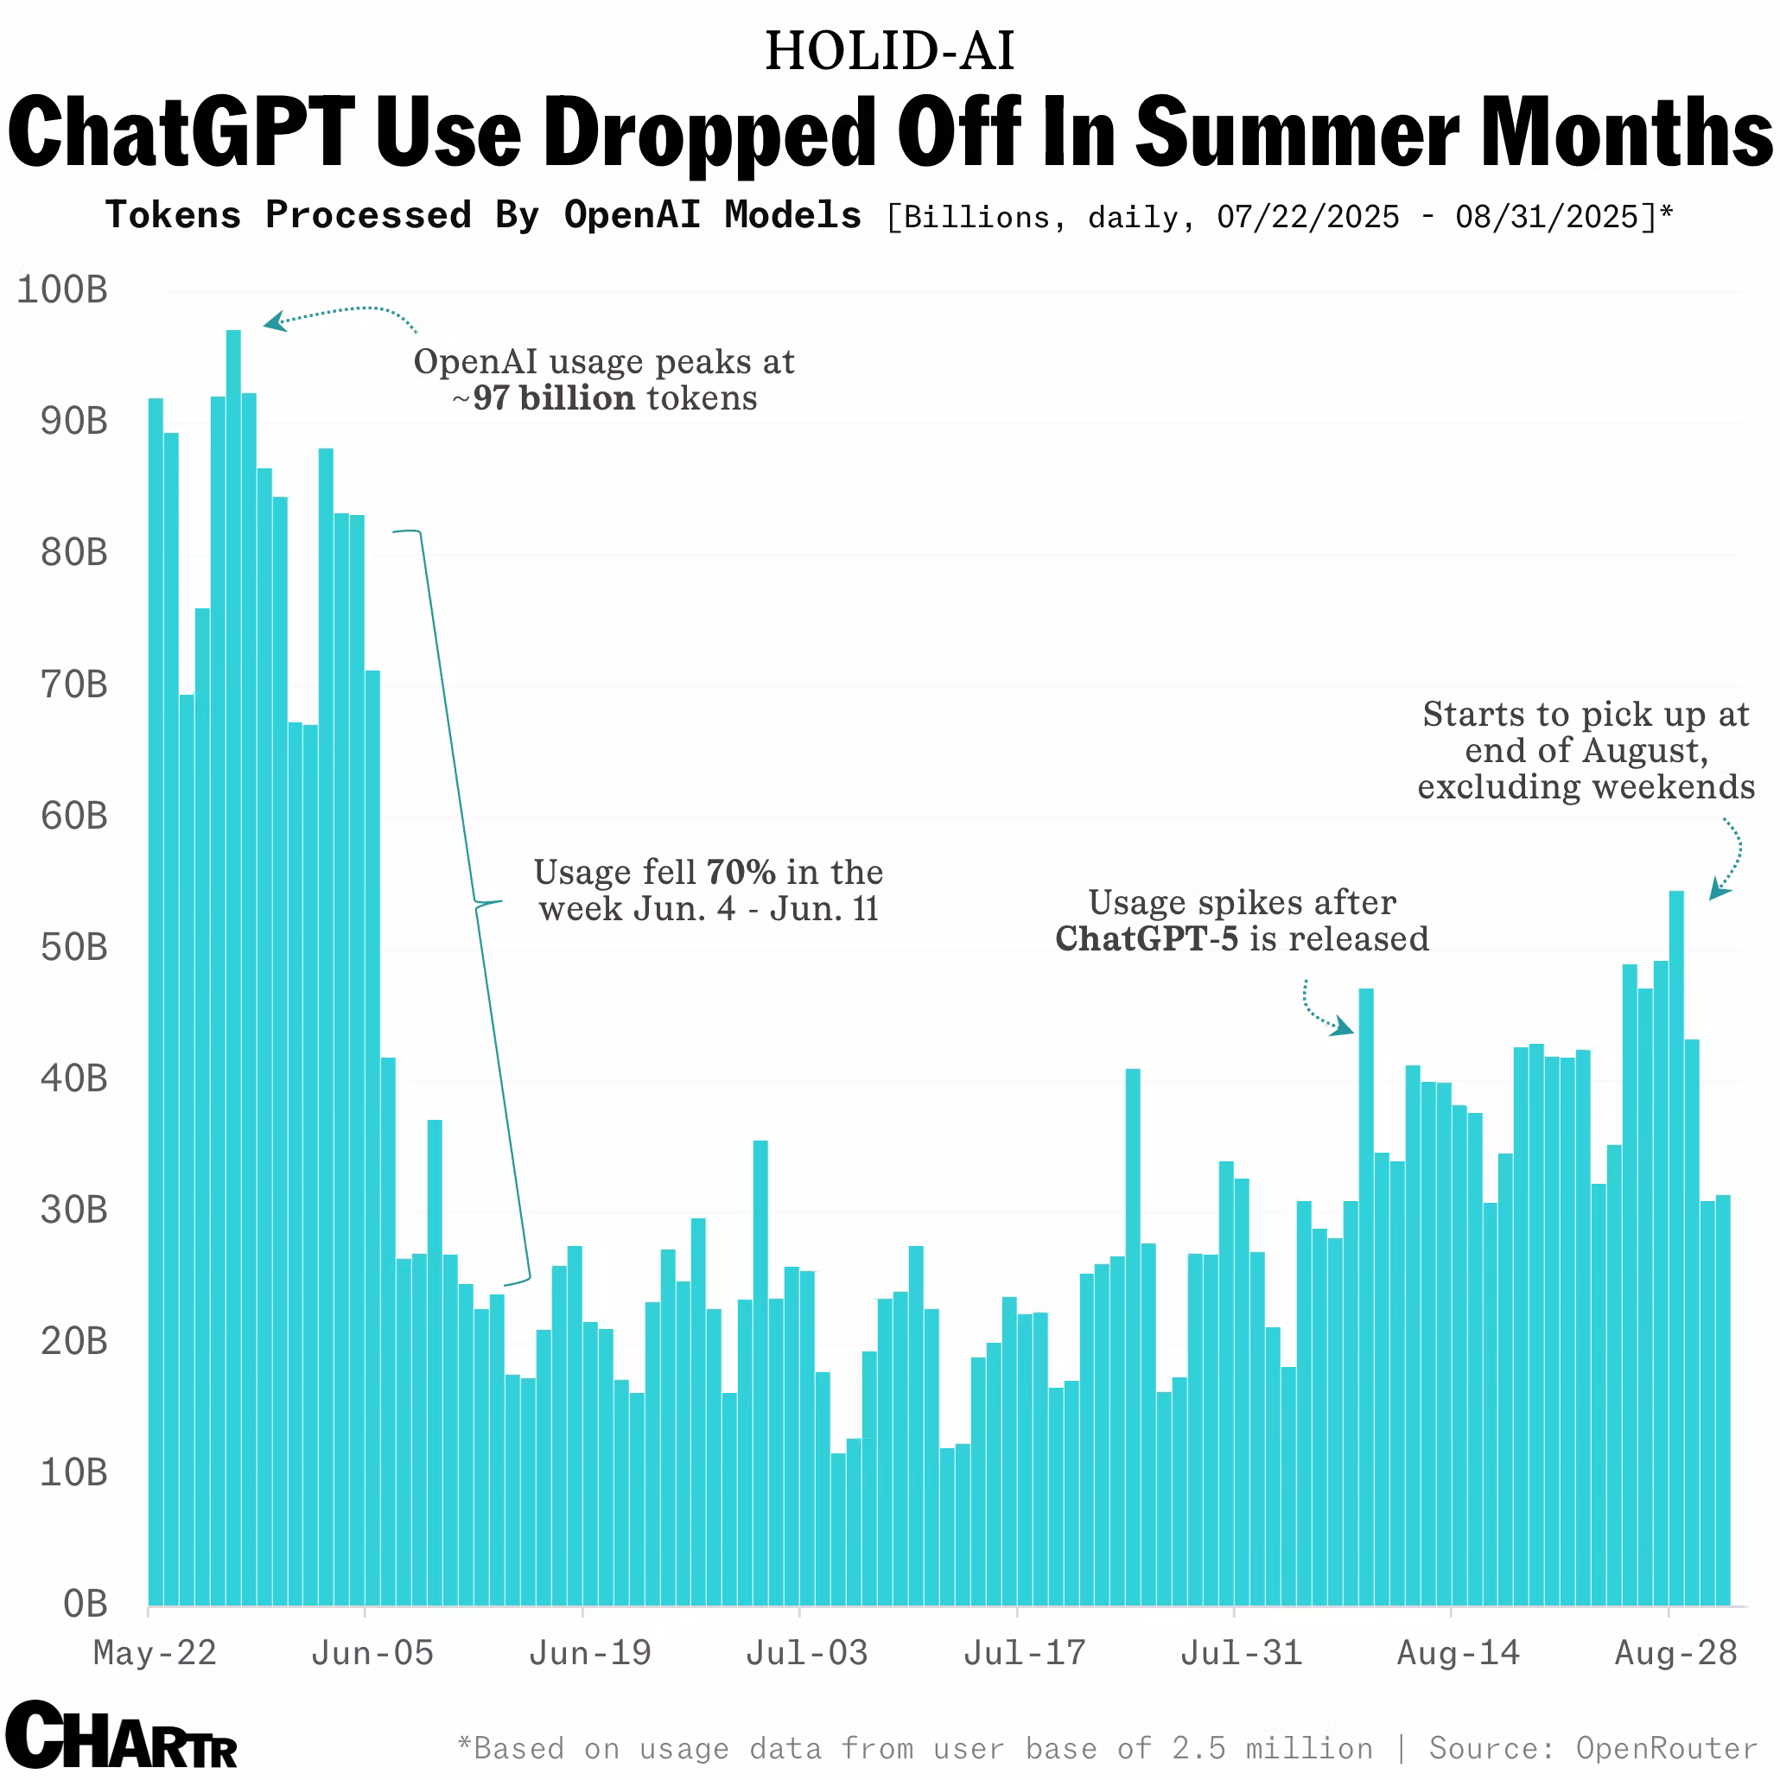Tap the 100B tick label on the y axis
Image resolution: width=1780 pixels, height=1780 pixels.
[63, 290]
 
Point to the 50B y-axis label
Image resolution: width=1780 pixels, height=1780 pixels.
[73, 947]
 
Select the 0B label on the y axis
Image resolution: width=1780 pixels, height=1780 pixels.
[85, 1604]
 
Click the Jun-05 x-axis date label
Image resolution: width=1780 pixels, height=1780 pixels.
[372, 1653]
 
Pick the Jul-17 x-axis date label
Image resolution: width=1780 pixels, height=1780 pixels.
[1025, 1653]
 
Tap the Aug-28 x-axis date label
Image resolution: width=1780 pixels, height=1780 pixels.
[1676, 1653]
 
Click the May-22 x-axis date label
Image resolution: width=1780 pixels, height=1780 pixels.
[155, 1653]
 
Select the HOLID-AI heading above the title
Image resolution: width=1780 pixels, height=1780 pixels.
[889, 51]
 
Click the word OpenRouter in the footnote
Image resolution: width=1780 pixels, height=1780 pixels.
[1666, 1748]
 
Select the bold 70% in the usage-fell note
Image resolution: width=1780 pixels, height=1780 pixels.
[741, 872]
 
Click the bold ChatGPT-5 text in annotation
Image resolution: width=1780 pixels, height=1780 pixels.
[1146, 939]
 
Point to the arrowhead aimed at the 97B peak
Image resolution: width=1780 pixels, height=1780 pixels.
[274, 321]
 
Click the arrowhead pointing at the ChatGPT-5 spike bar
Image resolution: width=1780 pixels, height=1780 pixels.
[1345, 1027]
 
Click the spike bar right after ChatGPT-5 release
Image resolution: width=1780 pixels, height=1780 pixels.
[1366, 1290]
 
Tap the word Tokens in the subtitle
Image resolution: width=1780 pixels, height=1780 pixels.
[173, 216]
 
